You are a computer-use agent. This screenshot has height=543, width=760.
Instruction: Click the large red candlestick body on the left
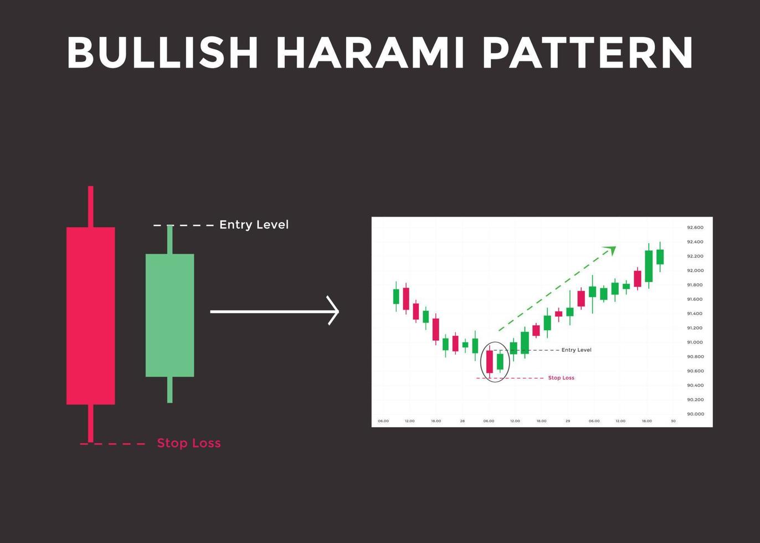click(x=91, y=316)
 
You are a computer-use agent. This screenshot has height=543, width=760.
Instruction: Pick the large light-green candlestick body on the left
click(x=170, y=315)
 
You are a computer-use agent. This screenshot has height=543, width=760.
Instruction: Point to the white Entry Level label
click(x=254, y=225)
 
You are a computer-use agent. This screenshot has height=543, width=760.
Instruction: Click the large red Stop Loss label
click(x=189, y=443)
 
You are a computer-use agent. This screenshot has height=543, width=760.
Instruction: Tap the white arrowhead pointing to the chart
click(x=333, y=311)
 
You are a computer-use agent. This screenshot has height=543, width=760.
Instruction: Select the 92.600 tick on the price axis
click(x=695, y=228)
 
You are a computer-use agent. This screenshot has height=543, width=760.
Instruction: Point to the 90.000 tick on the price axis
click(x=695, y=414)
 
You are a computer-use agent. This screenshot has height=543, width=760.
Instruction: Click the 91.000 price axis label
click(x=695, y=342)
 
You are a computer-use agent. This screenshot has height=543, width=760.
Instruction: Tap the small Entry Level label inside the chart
click(x=576, y=350)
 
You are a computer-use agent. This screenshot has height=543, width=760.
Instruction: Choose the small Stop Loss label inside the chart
click(x=561, y=378)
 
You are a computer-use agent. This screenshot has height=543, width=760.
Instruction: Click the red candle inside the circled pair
click(x=489, y=362)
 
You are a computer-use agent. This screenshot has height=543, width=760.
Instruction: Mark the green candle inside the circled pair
click(x=500, y=361)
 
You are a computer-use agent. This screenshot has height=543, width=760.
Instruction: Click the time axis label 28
click(x=462, y=421)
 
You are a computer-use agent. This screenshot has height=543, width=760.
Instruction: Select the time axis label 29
click(x=568, y=421)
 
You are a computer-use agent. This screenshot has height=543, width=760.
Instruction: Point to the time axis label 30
click(x=673, y=421)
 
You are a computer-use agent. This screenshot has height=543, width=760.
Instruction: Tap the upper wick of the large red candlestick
click(x=91, y=206)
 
